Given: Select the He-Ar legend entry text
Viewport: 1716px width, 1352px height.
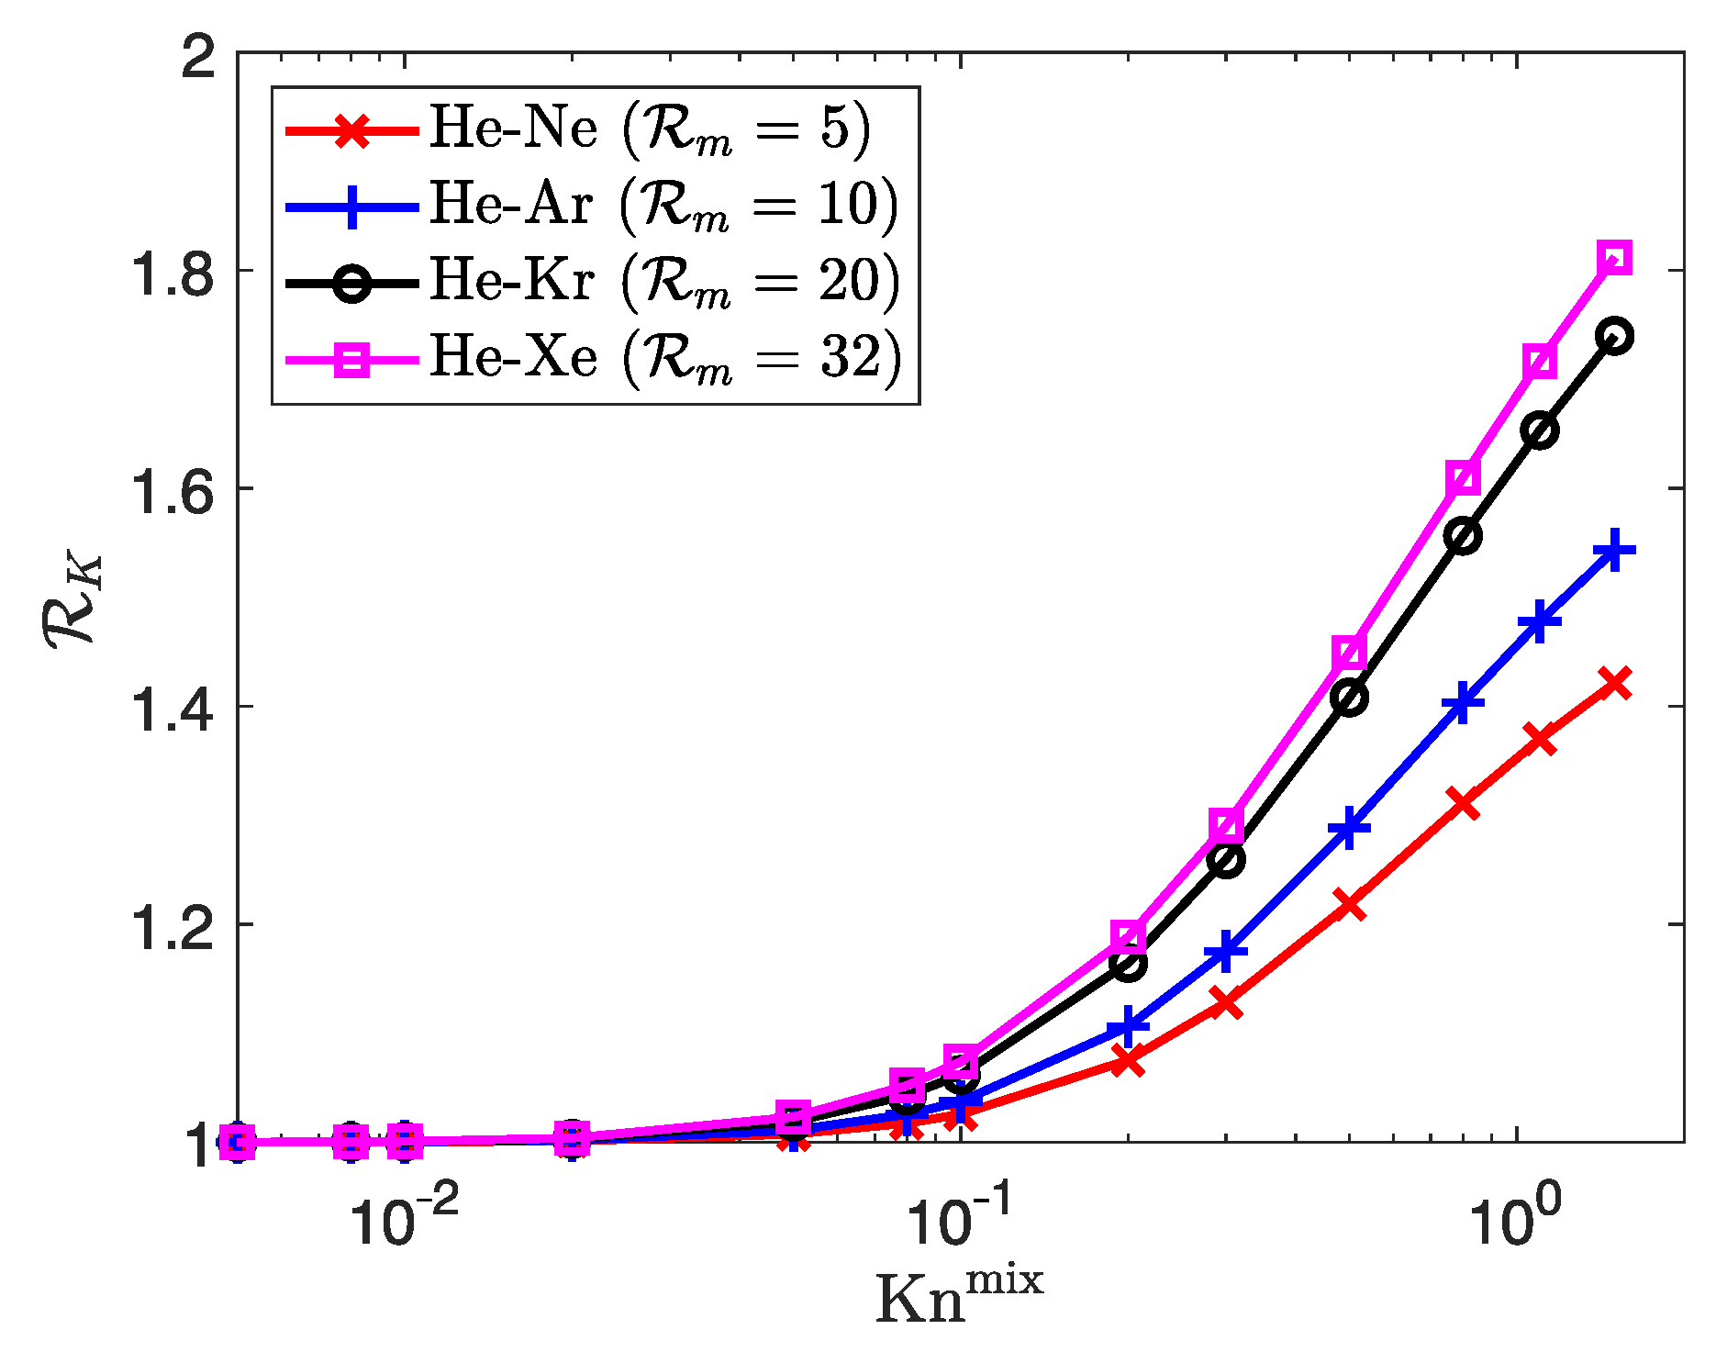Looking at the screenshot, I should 663,204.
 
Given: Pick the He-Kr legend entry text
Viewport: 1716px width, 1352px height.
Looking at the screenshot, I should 664,280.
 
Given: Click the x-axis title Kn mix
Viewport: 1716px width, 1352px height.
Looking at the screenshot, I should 959,1296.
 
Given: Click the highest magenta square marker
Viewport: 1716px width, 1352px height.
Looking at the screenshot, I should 1615,258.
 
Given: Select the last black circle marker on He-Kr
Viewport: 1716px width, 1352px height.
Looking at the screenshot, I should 1615,336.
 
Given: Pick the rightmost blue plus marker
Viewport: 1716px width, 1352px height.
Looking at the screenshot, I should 1615,552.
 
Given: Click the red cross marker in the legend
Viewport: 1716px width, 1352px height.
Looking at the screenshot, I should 352,129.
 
